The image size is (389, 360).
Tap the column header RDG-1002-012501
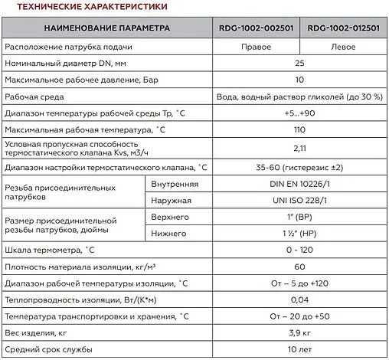coord(343,28)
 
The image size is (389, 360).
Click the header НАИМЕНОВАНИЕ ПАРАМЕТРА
coord(105,28)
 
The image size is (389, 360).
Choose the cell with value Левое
coord(343,47)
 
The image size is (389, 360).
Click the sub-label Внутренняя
coord(175,184)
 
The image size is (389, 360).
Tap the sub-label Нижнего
coord(170,233)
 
